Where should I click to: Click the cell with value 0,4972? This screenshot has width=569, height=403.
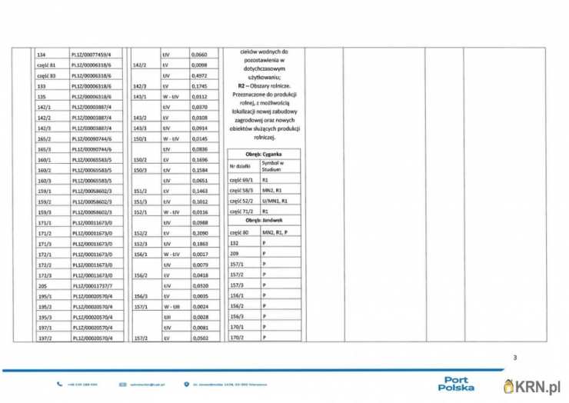point(198,76)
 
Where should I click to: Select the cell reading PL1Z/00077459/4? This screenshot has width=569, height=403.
point(91,55)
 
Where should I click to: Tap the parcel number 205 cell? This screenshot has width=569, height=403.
point(43,285)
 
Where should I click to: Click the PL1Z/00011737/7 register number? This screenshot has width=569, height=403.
point(91,285)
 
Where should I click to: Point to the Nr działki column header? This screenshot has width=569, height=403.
point(241,166)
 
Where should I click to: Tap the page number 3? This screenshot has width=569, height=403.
point(515,357)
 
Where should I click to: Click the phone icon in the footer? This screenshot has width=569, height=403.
point(60,384)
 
